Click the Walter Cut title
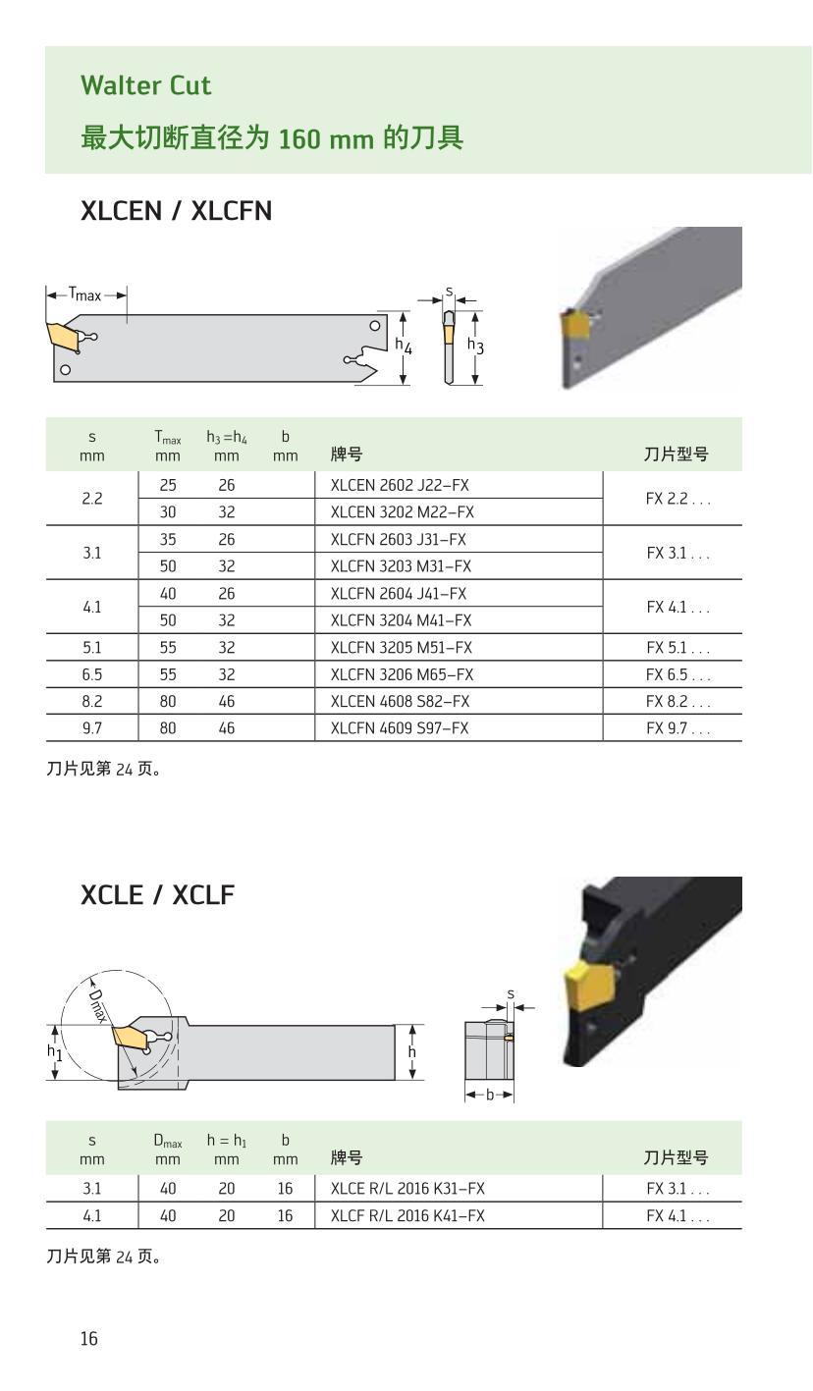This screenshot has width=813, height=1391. point(145,85)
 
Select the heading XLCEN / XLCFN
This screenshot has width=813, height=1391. point(176,211)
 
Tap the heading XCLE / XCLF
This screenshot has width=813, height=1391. point(157,895)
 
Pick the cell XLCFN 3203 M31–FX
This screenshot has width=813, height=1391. point(401,566)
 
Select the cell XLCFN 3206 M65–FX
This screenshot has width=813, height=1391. point(402,674)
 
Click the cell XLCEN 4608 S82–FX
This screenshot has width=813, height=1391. point(400,702)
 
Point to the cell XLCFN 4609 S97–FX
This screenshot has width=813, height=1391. point(400,728)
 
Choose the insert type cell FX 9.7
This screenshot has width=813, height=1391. point(677,728)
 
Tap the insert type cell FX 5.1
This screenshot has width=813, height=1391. point(677,648)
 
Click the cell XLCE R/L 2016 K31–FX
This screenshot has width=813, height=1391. point(407,1189)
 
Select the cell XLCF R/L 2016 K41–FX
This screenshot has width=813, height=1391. point(407,1216)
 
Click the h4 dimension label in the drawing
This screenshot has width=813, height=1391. point(404,346)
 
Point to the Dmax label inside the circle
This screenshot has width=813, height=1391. point(97,1005)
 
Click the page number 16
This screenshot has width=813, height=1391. point(89,1339)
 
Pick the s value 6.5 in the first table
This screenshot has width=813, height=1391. point(91,674)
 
